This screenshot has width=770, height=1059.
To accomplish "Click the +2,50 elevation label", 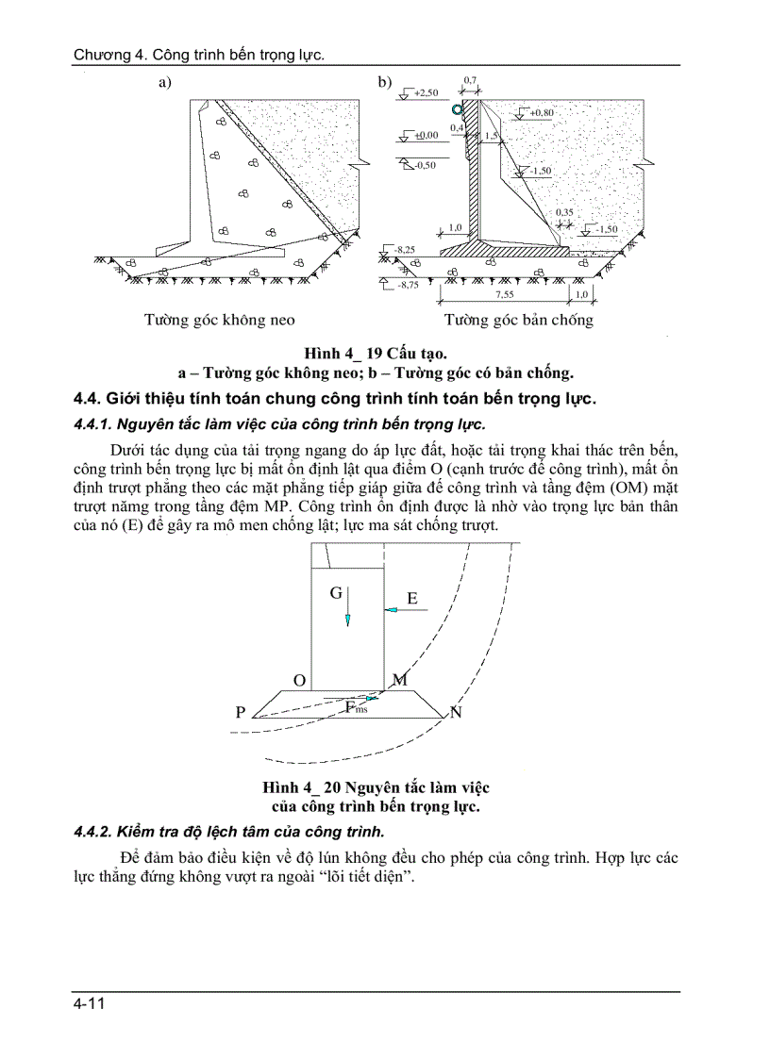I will coord(426,92).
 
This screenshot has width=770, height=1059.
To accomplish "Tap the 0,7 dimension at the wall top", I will coord(470,81).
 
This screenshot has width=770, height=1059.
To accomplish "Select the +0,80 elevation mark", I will coord(542,113).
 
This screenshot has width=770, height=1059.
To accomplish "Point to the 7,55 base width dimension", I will coord(507,294).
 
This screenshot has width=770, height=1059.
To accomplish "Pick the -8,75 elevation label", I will coord(408,284).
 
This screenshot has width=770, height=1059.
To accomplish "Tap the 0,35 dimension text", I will coord(564,212).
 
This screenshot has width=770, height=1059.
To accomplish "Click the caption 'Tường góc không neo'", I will coord(219,320).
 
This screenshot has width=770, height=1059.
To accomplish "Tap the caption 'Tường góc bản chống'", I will coord(519,320).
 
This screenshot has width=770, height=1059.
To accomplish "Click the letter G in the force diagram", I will coord(335,593).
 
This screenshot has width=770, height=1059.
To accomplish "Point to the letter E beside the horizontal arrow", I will coord(412,598).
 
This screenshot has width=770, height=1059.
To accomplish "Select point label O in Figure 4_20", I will coord(299,680).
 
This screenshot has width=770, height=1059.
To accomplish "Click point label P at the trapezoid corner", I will coord(241,713).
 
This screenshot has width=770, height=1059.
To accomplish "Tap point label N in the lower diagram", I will coord(456,712).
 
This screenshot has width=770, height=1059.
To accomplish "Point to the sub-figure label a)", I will coord(165,83).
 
